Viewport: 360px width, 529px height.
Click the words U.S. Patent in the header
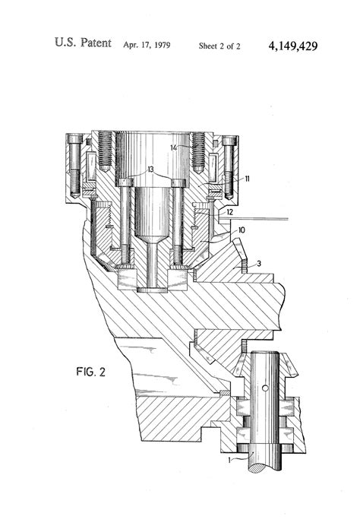(82, 45)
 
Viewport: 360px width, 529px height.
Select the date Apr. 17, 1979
(147, 46)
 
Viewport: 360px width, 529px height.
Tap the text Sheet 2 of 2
(219, 46)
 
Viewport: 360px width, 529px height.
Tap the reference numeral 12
(230, 212)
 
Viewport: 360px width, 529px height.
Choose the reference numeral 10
(241, 229)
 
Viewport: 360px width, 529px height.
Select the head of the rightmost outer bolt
(229, 141)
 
